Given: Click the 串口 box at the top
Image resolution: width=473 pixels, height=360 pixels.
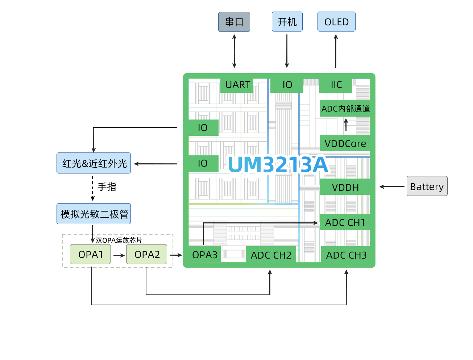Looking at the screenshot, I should [234, 22].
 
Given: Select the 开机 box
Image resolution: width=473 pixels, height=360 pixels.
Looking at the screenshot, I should [287, 22].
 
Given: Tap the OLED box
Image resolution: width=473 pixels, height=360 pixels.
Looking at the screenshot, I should [336, 22].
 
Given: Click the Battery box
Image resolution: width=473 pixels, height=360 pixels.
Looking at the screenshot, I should [427, 186].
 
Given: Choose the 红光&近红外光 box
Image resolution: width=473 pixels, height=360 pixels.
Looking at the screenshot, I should [94, 163].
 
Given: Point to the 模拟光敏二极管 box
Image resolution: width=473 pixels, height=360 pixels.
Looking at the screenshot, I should [94, 214].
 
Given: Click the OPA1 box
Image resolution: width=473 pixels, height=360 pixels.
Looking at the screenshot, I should [91, 254].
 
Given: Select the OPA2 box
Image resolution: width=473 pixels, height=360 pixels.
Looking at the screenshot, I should [147, 254].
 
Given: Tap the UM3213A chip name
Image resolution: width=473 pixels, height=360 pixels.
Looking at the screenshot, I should [278, 165].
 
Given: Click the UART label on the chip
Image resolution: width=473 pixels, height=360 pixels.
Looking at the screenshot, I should [238, 85].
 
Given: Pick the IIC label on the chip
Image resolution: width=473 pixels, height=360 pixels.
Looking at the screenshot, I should [336, 85].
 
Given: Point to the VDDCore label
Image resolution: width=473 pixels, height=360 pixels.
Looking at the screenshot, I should [345, 144].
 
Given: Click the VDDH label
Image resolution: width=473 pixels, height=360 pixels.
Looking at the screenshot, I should [345, 188].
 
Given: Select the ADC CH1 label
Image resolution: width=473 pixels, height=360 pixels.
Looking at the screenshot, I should [345, 223].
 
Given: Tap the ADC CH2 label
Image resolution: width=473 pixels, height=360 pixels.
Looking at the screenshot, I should [271, 255].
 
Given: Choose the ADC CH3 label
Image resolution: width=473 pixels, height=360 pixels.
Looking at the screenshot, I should [346, 255].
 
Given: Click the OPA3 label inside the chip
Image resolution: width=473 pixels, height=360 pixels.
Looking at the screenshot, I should [204, 255].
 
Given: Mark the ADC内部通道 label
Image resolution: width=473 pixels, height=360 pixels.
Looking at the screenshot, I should [346, 109].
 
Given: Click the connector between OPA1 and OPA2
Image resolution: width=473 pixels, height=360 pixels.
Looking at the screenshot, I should [119, 255].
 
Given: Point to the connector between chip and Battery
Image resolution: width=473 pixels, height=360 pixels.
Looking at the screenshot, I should [391, 187].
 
